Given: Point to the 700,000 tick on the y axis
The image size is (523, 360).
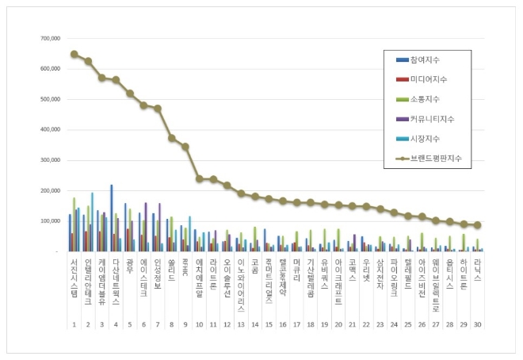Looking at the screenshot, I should pos(48,38).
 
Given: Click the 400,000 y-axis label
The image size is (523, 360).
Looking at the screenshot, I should pos(48,130).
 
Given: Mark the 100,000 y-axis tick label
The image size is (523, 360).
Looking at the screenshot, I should pos(48,221).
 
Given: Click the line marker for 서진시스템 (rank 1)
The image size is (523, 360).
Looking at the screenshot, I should pos(74,54).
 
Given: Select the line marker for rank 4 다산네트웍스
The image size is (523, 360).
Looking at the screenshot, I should pos(116,79).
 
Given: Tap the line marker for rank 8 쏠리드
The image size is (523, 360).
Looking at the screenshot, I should pos(172,138).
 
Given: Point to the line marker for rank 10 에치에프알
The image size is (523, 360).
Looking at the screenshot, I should pos(200,179).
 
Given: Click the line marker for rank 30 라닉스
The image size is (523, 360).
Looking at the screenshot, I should pos(478,225).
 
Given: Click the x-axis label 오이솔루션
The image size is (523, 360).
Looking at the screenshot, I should pos(227,278).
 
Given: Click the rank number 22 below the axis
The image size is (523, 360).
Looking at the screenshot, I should pos(366,324).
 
